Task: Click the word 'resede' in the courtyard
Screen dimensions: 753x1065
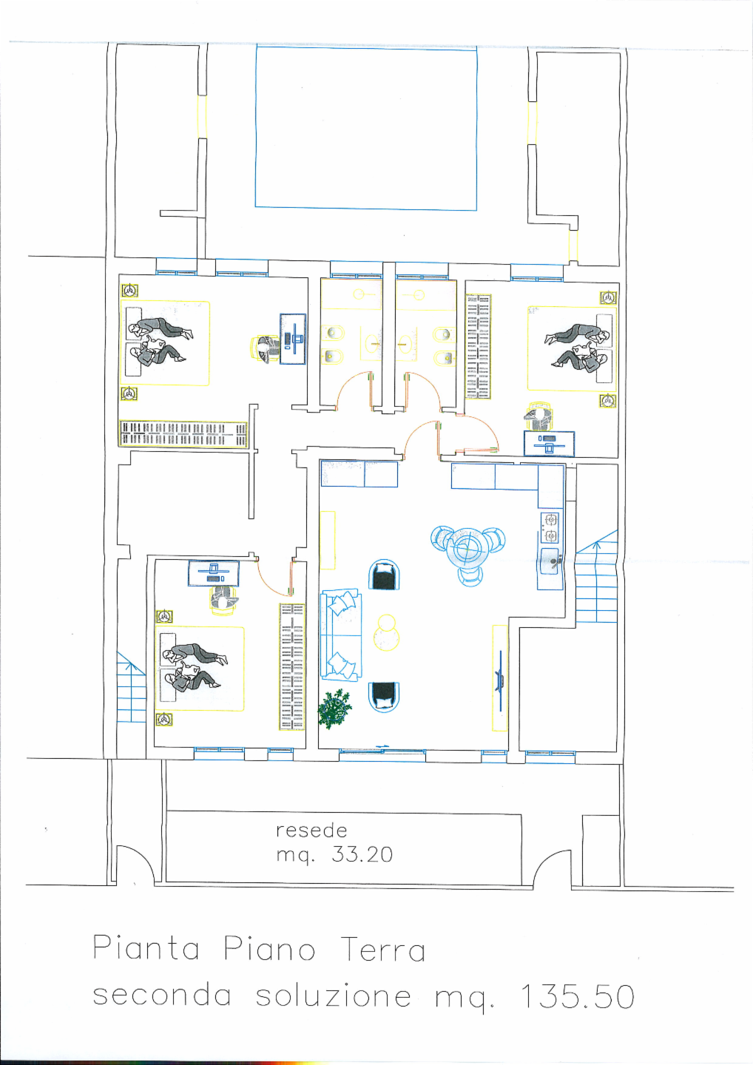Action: pyautogui.click(x=311, y=831)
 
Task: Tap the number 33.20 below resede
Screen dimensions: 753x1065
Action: pyautogui.click(x=362, y=855)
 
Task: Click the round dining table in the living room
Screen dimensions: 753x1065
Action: pyautogui.click(x=467, y=550)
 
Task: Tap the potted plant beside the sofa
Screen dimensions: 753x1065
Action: pyautogui.click(x=335, y=709)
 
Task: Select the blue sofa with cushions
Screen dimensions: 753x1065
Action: pyautogui.click(x=341, y=635)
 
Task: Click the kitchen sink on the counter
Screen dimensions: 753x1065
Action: pyautogui.click(x=551, y=561)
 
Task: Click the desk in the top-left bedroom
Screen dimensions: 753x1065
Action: pyautogui.click(x=293, y=339)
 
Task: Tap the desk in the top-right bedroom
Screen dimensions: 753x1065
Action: pyautogui.click(x=549, y=444)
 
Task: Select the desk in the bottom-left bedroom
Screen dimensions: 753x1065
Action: pyautogui.click(x=214, y=573)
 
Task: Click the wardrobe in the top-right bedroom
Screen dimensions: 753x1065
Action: pyautogui.click(x=479, y=347)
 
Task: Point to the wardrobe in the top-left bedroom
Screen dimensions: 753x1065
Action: pyautogui.click(x=183, y=433)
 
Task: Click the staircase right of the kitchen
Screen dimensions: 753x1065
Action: pyautogui.click(x=597, y=577)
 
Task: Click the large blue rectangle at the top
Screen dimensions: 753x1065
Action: pyautogui.click(x=366, y=127)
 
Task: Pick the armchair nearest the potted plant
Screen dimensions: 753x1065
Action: pyautogui.click(x=384, y=697)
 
